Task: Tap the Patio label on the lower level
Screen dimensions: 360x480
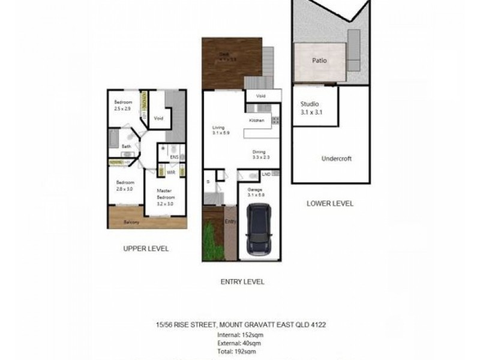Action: tap(319, 61)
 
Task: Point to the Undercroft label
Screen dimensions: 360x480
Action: tap(336, 158)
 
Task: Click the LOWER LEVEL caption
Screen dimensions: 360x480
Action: tap(329, 203)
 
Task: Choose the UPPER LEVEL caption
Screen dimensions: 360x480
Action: tap(146, 248)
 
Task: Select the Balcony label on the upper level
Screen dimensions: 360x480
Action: tap(132, 223)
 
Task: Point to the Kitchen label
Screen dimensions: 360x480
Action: tap(257, 121)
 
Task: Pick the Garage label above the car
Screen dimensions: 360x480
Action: tap(256, 192)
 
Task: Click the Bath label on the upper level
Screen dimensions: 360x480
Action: tap(127, 146)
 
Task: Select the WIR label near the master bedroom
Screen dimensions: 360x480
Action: tap(170, 172)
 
